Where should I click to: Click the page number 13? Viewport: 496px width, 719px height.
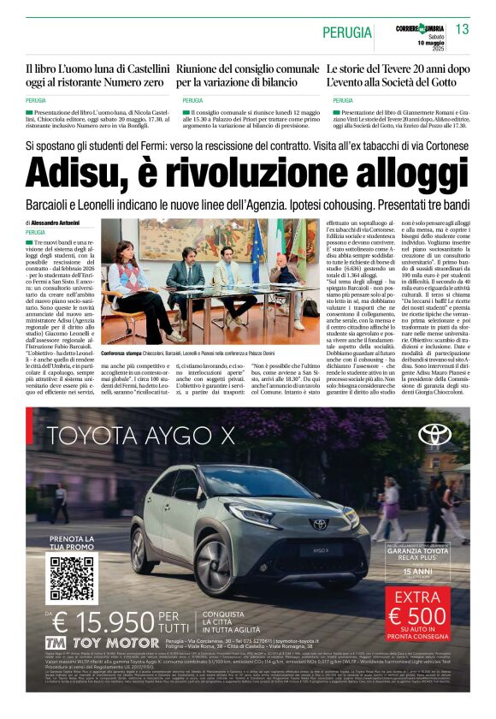(463, 30)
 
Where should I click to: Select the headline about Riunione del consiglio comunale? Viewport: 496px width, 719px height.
(248, 75)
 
